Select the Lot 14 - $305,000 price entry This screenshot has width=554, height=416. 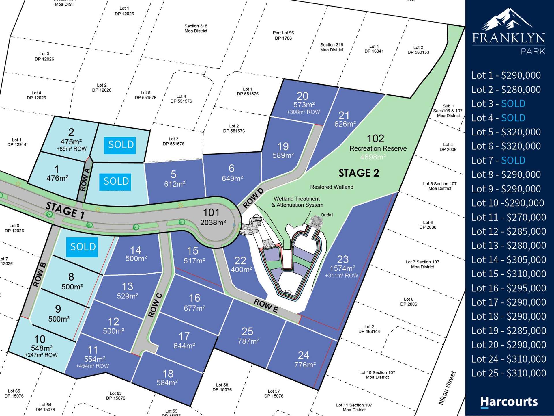[x=508, y=260]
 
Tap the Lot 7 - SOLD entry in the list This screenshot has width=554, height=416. [x=498, y=160]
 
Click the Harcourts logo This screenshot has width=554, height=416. [x=509, y=402]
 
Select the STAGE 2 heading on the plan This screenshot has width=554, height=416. [x=359, y=173]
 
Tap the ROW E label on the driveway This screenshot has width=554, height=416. [x=266, y=306]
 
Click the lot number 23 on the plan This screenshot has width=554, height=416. [x=343, y=259]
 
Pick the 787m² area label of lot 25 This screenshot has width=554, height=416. [x=248, y=341]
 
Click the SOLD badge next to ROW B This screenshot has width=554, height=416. [x=82, y=247]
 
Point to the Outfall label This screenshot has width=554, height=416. [x=327, y=215]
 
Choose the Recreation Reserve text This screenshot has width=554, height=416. [x=378, y=148]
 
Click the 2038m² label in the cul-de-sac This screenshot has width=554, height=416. [x=213, y=222]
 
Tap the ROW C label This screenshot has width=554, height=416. [x=155, y=305]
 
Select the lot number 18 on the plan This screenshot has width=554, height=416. [x=168, y=374]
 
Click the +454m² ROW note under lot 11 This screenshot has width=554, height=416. [x=92, y=366]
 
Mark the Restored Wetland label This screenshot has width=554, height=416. [x=332, y=187]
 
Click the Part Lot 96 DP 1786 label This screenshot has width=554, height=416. [x=283, y=36]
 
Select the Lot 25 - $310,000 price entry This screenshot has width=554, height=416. [x=508, y=373]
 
